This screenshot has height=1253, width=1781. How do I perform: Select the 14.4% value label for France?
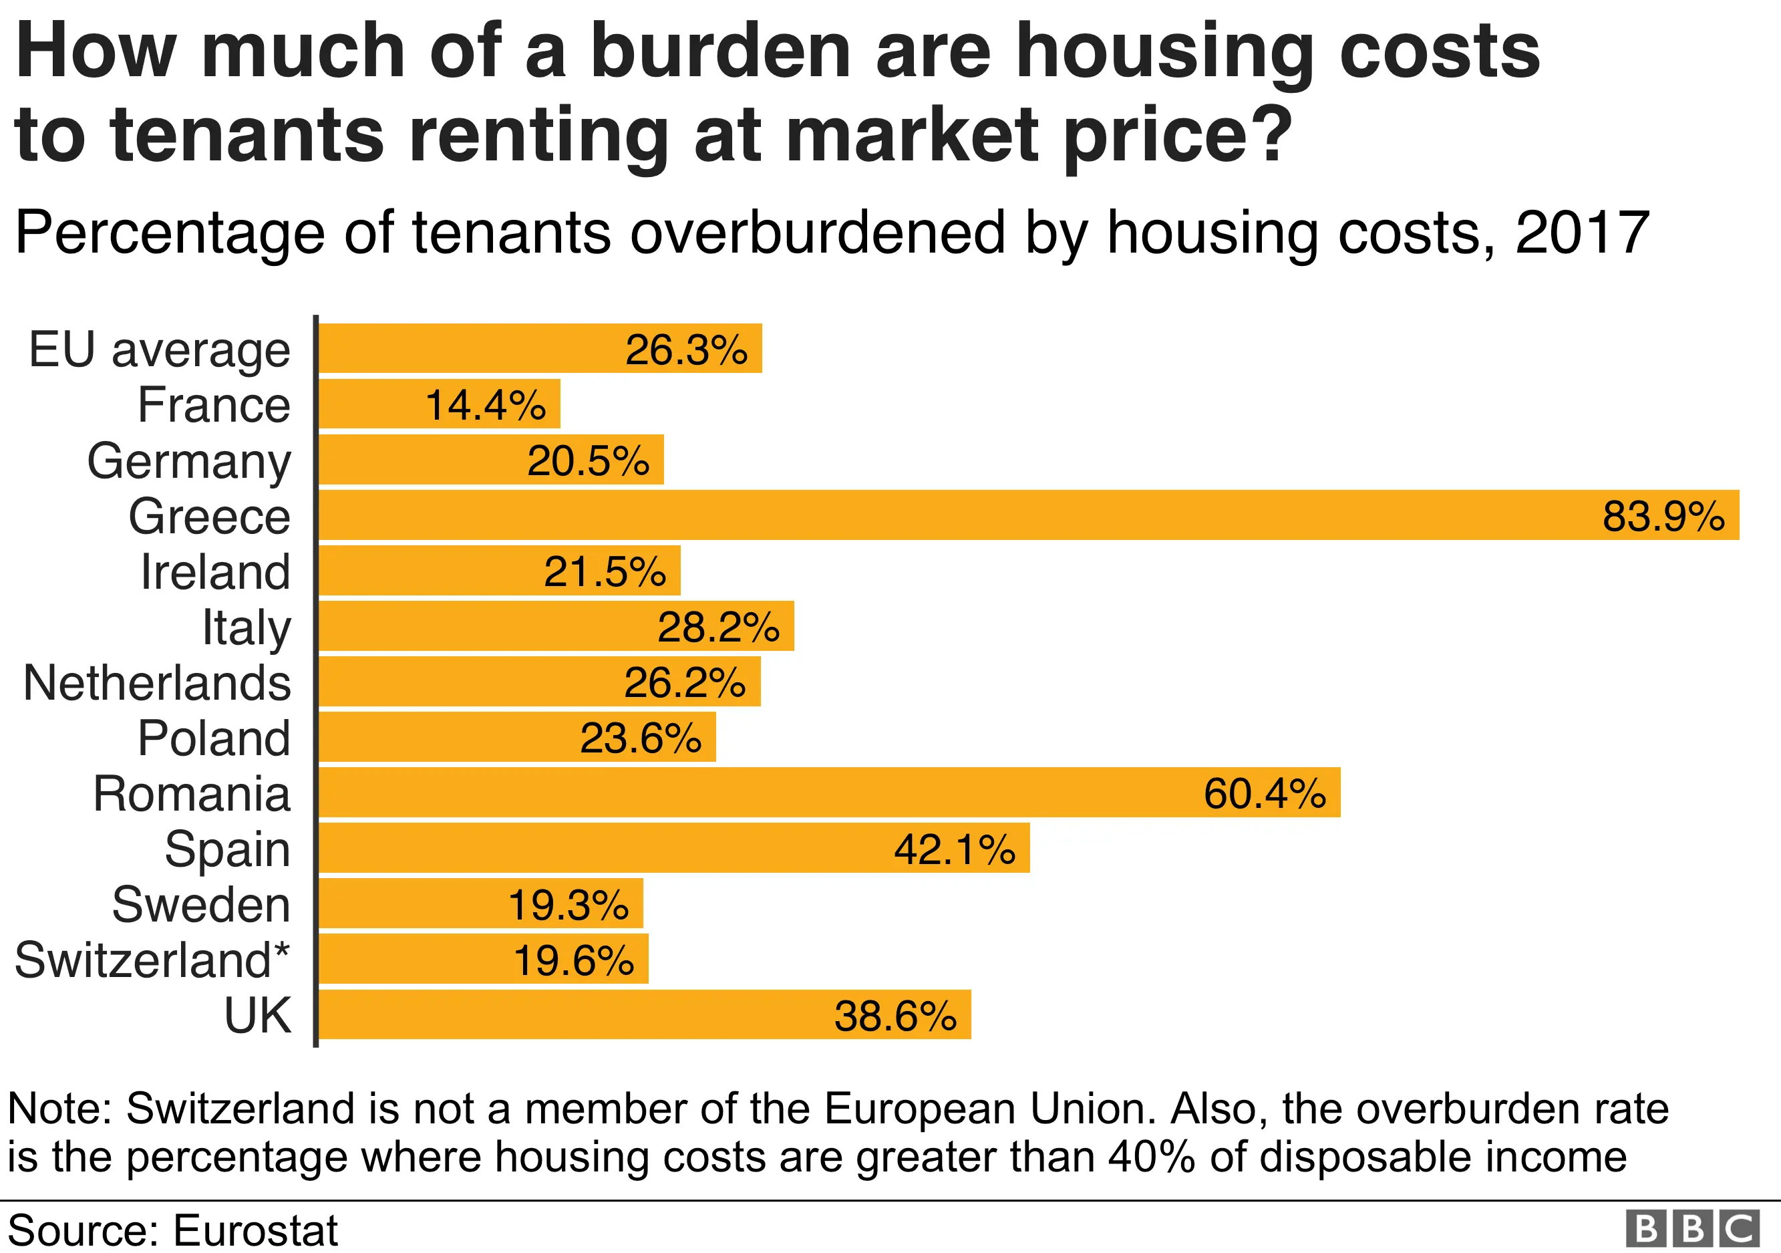tap(486, 405)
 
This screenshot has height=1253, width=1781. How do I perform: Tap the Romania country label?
tap(192, 794)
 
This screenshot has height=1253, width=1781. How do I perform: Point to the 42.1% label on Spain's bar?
tap(954, 849)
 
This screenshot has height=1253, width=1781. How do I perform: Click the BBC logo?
tap(1693, 1229)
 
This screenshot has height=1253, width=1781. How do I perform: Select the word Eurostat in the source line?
tap(255, 1230)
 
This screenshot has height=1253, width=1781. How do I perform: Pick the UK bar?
tap(644, 1015)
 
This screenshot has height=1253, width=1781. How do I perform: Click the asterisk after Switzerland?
tap(281, 950)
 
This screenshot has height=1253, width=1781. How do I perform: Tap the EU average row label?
tap(159, 349)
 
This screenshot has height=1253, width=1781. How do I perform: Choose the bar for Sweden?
tap(481, 904)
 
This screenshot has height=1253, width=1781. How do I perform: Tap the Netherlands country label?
tap(157, 683)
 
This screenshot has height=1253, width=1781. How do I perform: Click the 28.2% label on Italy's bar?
tap(718, 627)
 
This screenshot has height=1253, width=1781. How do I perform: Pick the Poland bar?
tap(516, 737)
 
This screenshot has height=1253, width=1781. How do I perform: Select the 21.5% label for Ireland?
tap(605, 572)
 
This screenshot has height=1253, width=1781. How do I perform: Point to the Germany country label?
tap(188, 461)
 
